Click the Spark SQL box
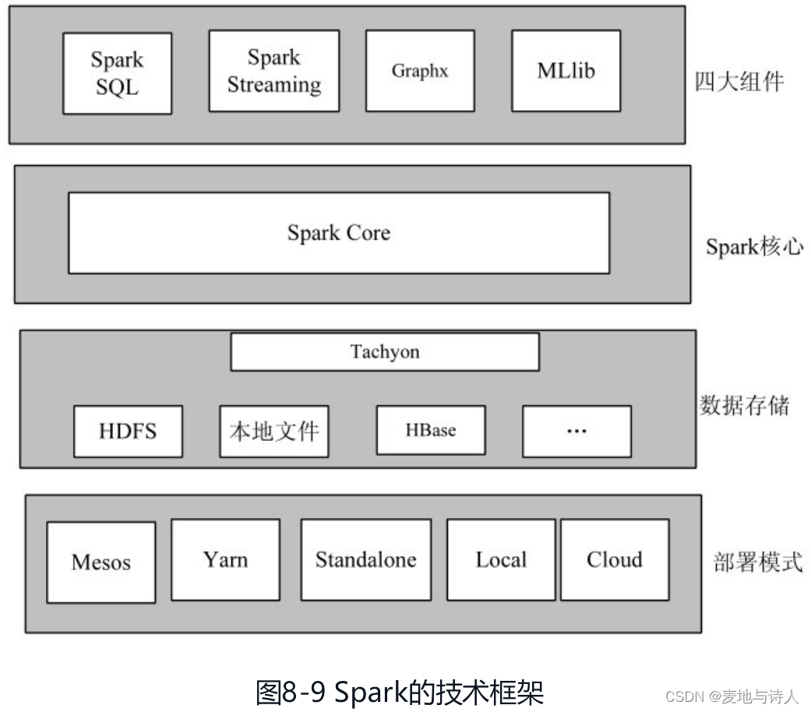(117, 72)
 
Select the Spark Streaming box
(273, 71)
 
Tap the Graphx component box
(420, 71)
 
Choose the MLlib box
(566, 71)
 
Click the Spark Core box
(339, 233)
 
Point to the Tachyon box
(384, 352)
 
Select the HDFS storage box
(128, 431)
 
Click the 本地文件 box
(273, 431)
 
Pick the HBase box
(431, 430)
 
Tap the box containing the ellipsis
(577, 431)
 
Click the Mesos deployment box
(100, 562)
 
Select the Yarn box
(225, 559)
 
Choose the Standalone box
(365, 559)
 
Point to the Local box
(501, 559)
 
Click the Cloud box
(615, 559)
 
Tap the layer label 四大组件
(739, 81)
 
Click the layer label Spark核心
(754, 247)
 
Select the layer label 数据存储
(744, 405)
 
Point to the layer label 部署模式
(757, 562)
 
